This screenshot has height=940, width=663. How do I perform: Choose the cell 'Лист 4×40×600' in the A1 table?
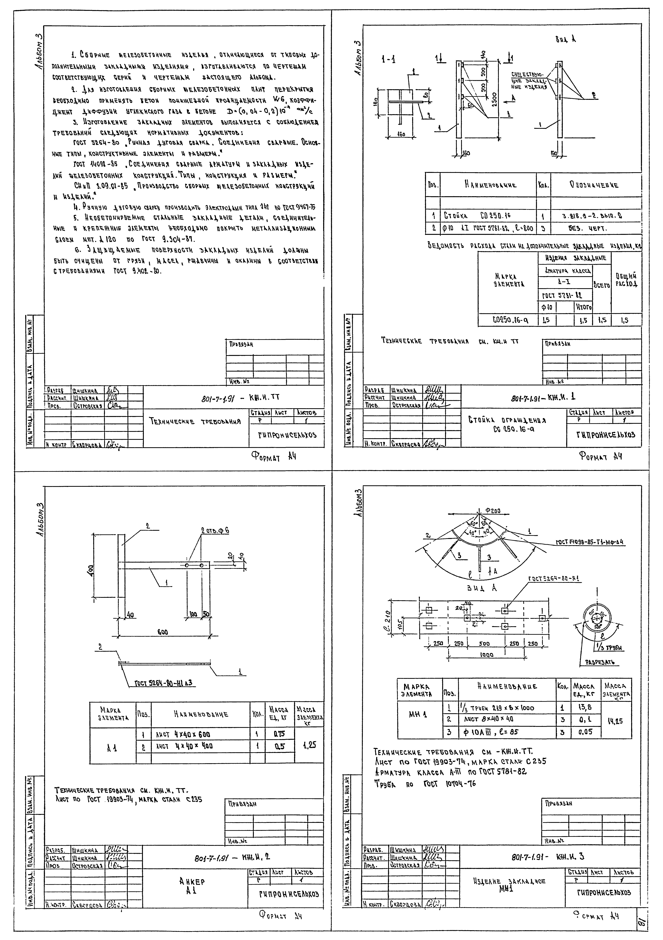[x=184, y=735]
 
